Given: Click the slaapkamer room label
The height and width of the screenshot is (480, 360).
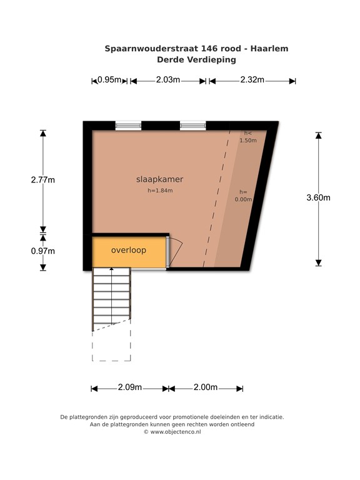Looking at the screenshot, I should [160, 179].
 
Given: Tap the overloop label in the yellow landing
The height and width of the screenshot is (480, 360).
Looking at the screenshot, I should [129, 251].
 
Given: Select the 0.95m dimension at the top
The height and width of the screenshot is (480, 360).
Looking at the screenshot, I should [109, 80].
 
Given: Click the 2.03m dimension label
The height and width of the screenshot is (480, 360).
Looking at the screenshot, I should [167, 80].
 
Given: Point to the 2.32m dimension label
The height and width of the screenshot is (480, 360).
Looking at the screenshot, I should [252, 80].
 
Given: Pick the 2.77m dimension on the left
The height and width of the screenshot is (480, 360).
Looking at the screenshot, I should [43, 180].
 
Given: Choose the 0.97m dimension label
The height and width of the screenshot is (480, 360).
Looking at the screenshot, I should [43, 251].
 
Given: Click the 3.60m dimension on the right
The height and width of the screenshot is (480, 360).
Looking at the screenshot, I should [319, 198].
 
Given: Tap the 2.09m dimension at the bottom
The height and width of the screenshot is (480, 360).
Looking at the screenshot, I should [130, 387].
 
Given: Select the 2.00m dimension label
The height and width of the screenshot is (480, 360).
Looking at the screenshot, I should [205, 387].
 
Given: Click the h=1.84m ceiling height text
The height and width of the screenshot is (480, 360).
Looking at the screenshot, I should [160, 191].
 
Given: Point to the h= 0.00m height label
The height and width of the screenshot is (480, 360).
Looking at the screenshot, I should [242, 196].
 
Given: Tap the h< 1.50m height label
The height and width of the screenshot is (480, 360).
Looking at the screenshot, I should [248, 137].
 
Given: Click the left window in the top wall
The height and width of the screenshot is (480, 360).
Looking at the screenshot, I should [129, 126].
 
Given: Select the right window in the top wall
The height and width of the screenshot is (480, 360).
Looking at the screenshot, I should [193, 126].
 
